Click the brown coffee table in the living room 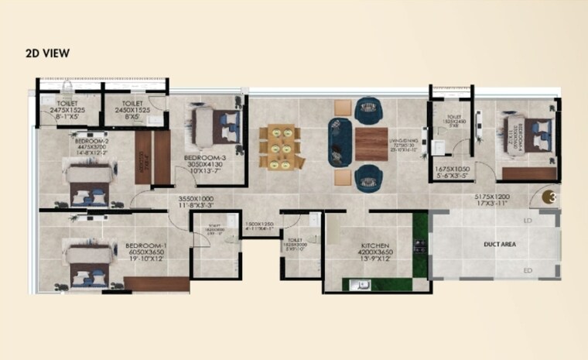[x=371, y=143]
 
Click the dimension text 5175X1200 [x=491, y=198]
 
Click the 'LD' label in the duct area [x=528, y=222]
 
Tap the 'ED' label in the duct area [x=528, y=270]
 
